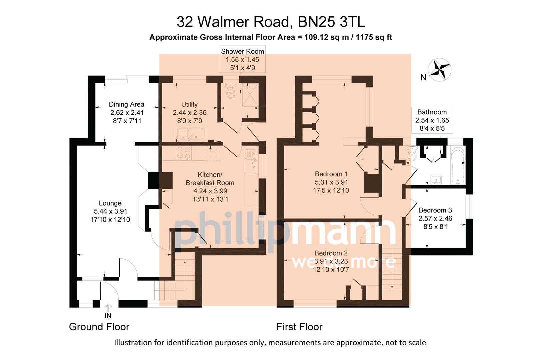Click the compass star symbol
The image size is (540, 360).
point(439,69)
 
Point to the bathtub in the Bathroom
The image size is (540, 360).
point(458,165)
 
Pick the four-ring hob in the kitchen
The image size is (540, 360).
point(184,153)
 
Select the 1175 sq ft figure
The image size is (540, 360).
point(374,37)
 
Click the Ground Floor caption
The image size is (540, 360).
point(99,327)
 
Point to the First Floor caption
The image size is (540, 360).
point(299,327)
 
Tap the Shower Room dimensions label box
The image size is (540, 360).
point(242,59)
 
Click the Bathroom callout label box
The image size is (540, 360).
point(432,120)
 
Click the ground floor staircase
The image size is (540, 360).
point(177,280)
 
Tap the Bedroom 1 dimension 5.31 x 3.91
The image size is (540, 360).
point(331,182)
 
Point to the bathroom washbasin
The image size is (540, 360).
point(436,180)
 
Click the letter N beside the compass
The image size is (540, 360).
point(423,77)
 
